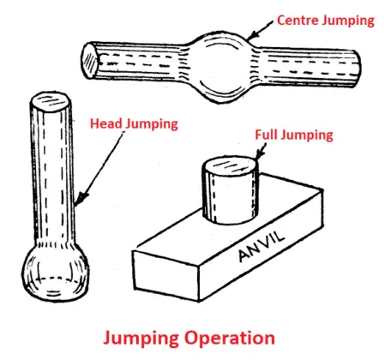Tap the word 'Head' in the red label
[107, 123]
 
